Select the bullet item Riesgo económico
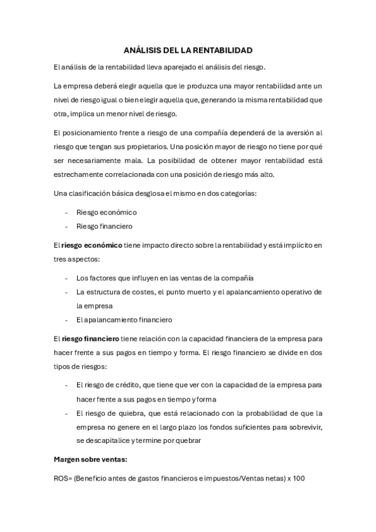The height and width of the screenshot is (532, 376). click(106, 212)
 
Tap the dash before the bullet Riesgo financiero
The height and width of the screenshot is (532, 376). click(67, 226)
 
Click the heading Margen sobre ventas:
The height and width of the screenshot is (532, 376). click(90, 460)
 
